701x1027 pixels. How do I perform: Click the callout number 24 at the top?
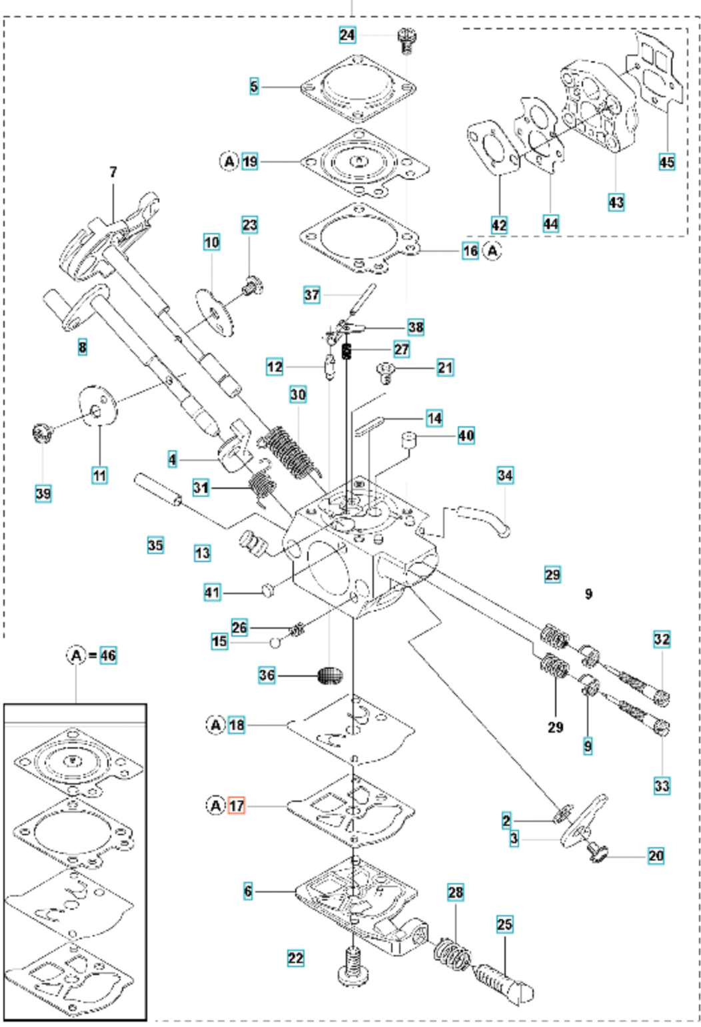(x=348, y=34)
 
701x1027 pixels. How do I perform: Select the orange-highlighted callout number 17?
(x=237, y=805)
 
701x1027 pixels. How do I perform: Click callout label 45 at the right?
(x=666, y=161)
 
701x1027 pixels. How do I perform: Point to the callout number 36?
(x=267, y=675)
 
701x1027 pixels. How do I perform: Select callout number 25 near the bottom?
(x=504, y=924)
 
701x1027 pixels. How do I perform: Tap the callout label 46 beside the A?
(x=107, y=655)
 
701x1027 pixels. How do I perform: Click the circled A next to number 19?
(x=229, y=161)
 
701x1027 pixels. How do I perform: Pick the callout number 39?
(x=43, y=494)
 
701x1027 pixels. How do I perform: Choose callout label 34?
(x=505, y=475)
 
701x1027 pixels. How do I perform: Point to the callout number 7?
(x=113, y=172)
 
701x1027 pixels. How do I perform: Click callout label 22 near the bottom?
(x=295, y=958)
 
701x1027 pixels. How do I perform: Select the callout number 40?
(x=466, y=436)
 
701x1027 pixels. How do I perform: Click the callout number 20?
(x=656, y=855)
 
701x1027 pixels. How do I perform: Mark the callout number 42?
(x=498, y=224)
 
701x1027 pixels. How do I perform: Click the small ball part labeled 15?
(x=275, y=643)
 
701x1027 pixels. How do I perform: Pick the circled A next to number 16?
(x=492, y=251)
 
